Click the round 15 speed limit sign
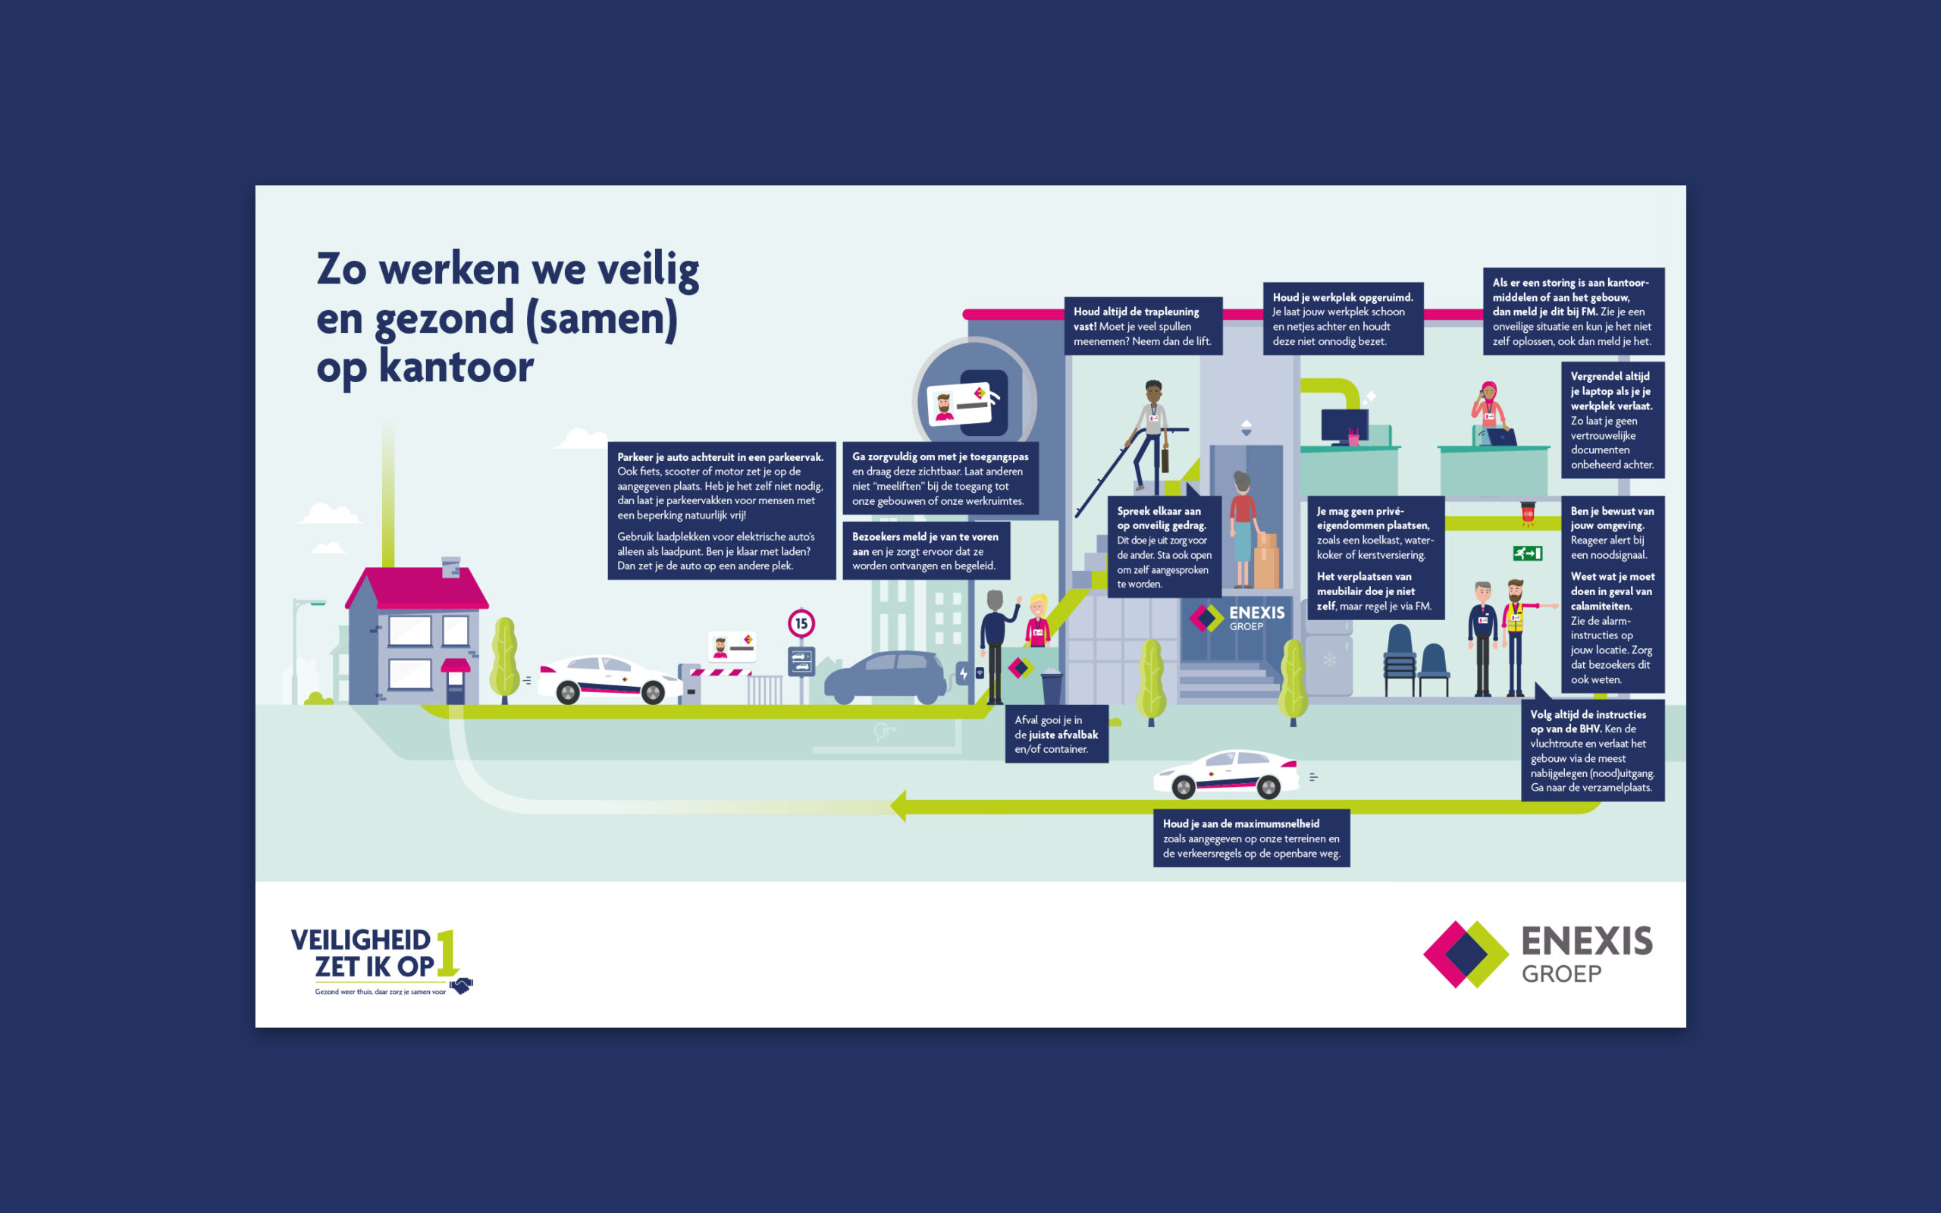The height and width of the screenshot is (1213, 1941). click(801, 623)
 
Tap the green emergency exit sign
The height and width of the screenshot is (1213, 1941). click(1527, 553)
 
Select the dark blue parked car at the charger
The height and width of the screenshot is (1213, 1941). click(886, 677)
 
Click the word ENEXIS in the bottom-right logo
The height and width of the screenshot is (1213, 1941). click(1586, 941)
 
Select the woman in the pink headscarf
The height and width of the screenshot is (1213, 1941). click(1489, 412)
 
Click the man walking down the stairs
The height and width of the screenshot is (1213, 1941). click(1151, 433)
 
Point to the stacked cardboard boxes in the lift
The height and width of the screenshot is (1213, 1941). click(1265, 560)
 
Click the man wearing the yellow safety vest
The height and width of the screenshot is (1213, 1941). click(1515, 636)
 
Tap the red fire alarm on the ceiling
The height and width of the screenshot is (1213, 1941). click(1527, 512)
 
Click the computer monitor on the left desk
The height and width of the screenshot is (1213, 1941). click(1344, 426)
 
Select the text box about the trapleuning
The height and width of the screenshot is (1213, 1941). click(1143, 326)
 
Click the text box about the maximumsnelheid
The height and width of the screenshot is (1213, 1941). click(1251, 838)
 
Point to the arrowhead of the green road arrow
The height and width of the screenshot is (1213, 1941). click(899, 806)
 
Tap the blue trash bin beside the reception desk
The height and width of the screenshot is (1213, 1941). click(1052, 687)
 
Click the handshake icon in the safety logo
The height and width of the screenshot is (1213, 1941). click(461, 985)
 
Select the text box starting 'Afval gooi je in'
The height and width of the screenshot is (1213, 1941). click(1056, 734)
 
